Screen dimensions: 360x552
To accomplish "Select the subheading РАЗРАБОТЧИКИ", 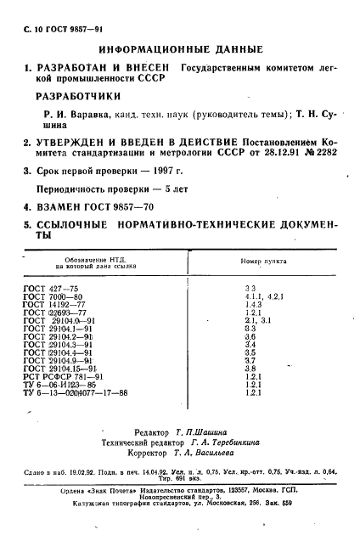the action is click(81, 97).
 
